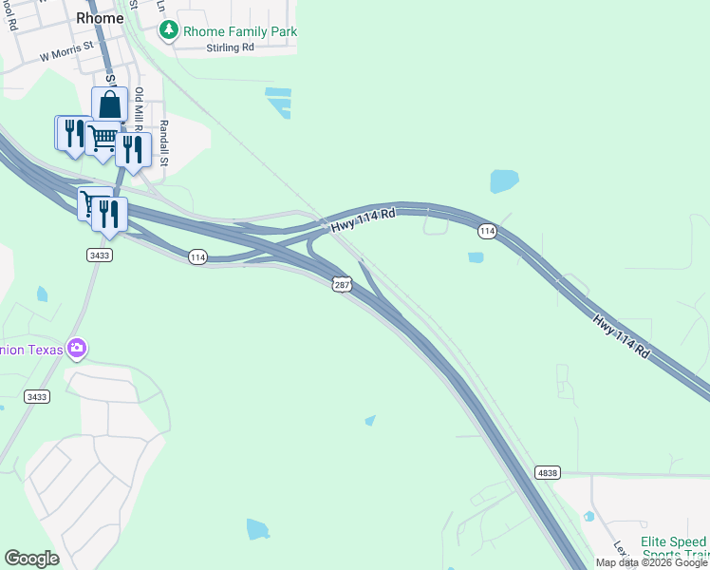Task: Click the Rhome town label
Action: [100, 18]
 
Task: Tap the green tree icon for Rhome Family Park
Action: [169, 30]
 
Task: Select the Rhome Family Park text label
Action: [240, 31]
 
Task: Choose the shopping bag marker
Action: [110, 104]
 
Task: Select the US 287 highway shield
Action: [342, 284]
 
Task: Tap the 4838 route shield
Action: [547, 471]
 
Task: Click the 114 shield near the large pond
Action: [487, 231]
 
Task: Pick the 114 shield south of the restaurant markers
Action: [196, 256]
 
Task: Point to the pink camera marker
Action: [77, 349]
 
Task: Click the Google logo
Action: [31, 559]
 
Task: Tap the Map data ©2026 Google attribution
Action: [651, 562]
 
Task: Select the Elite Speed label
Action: [674, 540]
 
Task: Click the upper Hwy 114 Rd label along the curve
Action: [362, 219]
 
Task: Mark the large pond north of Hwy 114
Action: [504, 180]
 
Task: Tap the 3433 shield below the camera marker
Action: [37, 396]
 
